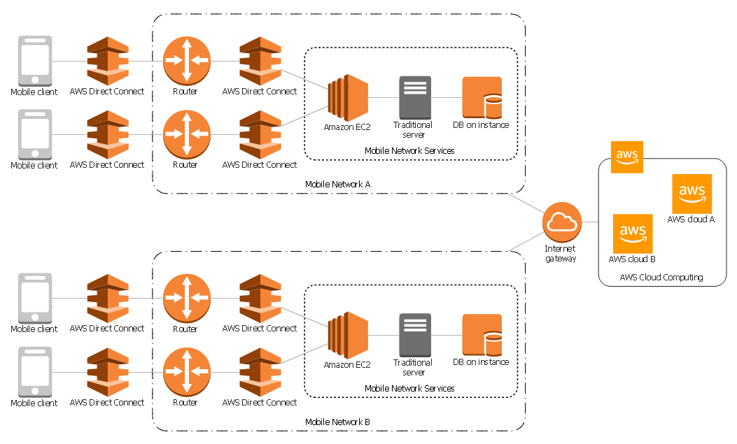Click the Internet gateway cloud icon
562,222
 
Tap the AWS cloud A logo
692,194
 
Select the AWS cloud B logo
633,234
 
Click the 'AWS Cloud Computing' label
661,278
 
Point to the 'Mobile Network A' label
337,185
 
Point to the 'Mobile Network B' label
337,422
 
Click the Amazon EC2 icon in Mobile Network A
348,98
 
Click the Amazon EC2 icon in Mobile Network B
348,336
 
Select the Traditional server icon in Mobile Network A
415,98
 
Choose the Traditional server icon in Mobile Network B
415,336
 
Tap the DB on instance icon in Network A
482,98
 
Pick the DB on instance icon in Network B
482,336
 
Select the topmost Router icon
186,60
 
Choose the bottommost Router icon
186,372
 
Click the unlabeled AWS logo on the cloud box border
626,156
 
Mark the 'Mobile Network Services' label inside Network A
409,151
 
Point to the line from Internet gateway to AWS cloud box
590,222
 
